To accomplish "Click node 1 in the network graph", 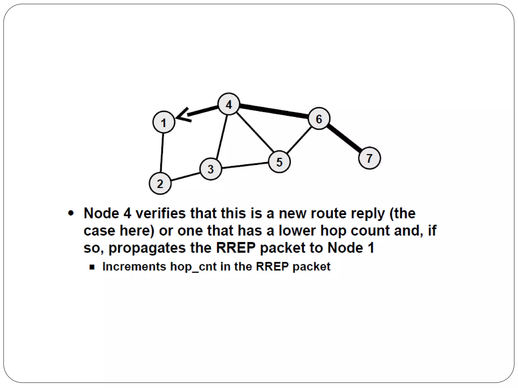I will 164,122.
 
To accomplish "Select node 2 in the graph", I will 160,183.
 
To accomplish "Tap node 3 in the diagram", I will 211,169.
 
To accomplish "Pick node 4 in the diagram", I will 229,104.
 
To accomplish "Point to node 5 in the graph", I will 279,162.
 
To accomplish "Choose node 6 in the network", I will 319,119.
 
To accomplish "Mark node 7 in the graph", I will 369,158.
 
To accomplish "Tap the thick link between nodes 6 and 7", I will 344,138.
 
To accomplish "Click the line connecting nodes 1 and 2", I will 162,153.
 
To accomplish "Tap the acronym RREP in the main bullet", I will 236,248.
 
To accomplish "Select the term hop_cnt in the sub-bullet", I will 193,267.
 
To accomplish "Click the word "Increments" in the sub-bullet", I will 134,267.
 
